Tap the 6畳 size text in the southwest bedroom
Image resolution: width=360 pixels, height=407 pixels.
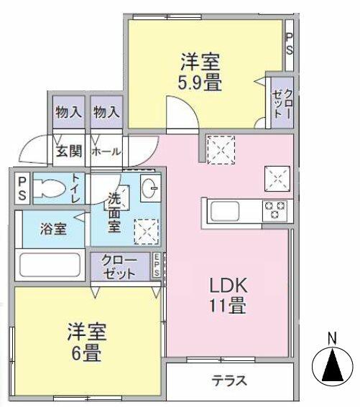click(87, 353)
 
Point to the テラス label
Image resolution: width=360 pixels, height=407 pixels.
click(229, 380)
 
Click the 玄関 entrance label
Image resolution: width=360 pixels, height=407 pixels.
click(69, 151)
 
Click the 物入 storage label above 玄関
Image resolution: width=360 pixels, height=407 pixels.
click(69, 113)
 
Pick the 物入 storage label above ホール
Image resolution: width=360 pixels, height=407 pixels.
click(106, 113)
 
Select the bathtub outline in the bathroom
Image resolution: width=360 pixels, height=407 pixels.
click(50, 264)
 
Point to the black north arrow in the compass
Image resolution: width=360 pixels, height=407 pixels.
click(331, 368)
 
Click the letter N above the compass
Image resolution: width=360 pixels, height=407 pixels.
click(331, 337)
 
